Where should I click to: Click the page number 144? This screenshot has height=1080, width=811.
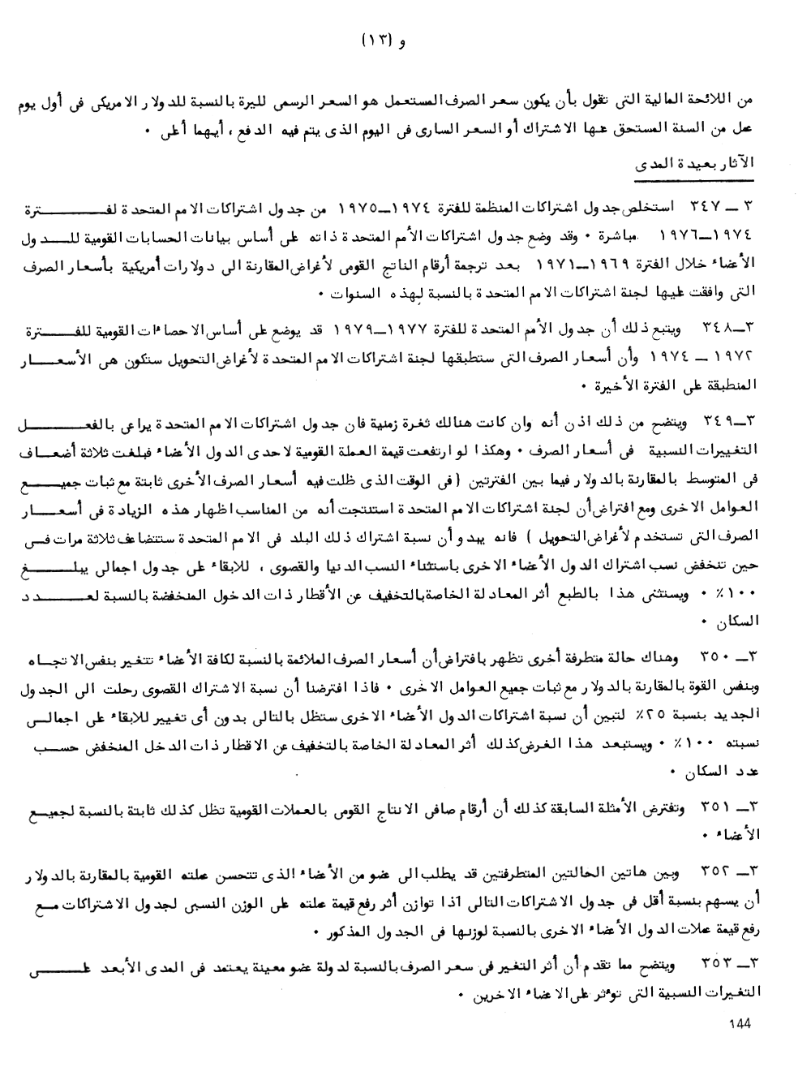740,1024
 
